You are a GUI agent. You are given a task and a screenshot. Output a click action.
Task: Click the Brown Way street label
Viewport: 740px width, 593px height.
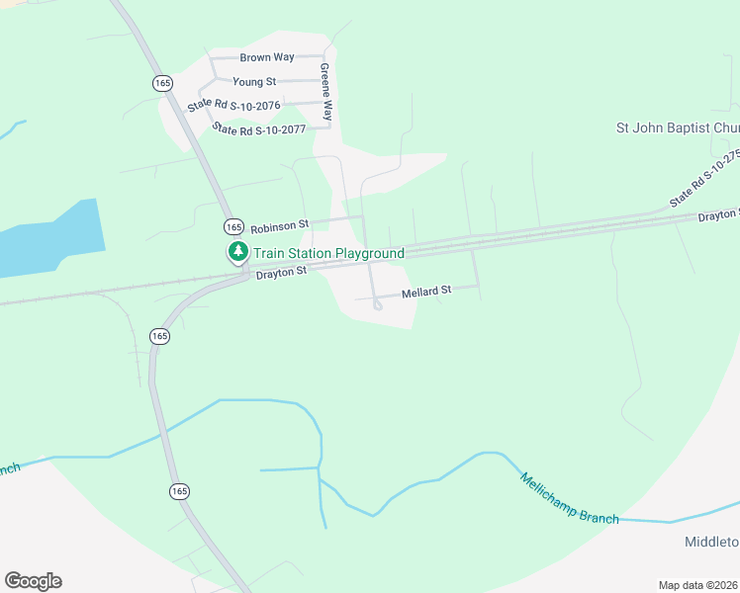point(267,57)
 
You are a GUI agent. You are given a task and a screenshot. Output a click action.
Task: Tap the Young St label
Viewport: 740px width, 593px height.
point(254,81)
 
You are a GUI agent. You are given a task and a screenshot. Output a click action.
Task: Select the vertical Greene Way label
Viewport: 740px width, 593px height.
point(324,93)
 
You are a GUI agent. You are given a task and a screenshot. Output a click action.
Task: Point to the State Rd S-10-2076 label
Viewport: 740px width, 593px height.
point(234,105)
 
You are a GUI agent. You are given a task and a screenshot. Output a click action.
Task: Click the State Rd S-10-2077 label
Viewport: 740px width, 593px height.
point(260,129)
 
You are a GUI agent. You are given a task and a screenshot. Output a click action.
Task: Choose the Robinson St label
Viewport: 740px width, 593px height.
point(280,225)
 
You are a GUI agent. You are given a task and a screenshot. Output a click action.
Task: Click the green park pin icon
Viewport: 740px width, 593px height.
point(237,253)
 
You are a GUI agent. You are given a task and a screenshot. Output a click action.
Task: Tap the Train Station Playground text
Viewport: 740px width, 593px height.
point(329,254)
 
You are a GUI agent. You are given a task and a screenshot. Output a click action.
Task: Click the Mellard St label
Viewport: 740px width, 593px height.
point(426,292)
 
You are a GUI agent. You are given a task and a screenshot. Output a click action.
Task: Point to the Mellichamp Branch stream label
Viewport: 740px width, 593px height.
point(570,498)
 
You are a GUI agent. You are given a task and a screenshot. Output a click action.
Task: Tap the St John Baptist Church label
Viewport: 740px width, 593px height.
point(678,127)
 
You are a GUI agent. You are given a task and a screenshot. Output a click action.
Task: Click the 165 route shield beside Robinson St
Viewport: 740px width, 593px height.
point(232,225)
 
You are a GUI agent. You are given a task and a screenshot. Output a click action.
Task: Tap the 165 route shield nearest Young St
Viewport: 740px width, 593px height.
point(162,83)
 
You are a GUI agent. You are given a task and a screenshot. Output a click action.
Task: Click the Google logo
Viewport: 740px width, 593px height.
point(33,581)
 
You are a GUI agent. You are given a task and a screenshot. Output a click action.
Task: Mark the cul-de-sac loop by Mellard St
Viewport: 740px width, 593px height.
point(378,305)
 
